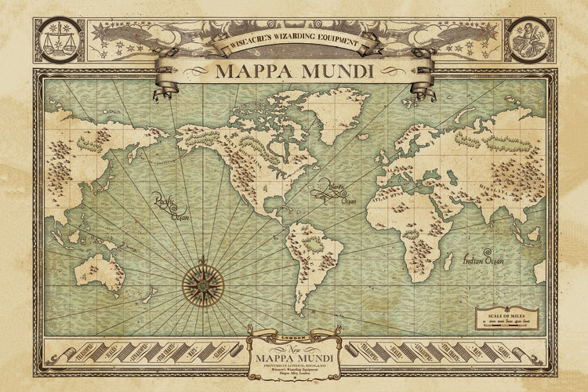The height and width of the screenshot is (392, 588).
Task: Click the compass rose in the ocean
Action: (x=203, y=280)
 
